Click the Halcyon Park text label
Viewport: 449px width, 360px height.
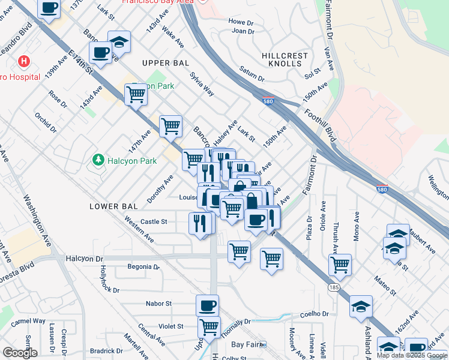coord(132,160)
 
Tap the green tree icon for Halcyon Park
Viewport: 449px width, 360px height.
coord(97,160)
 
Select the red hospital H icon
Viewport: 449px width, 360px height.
coord(23,61)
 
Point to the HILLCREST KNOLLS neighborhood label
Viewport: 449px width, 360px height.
coord(285,59)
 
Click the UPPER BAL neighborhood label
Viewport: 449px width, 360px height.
coord(165,63)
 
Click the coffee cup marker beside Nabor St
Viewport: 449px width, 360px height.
coord(208,305)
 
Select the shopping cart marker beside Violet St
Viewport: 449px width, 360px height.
coord(209,327)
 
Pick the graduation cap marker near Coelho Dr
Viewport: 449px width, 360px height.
coord(361,306)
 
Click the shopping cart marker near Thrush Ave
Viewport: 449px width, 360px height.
coord(340,265)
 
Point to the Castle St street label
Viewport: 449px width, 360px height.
coord(154,222)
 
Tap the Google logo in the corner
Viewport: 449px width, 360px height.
coord(20,353)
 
